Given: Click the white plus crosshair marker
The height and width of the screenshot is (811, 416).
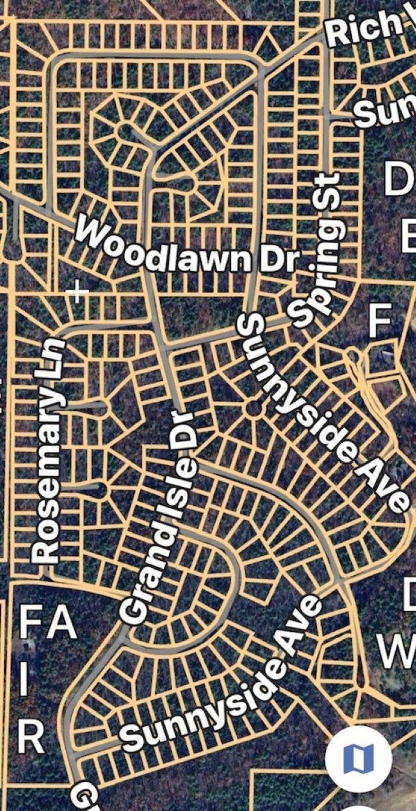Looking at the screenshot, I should [x=77, y=291].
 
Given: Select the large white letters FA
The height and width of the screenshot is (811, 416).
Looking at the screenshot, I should [x=47, y=624].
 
